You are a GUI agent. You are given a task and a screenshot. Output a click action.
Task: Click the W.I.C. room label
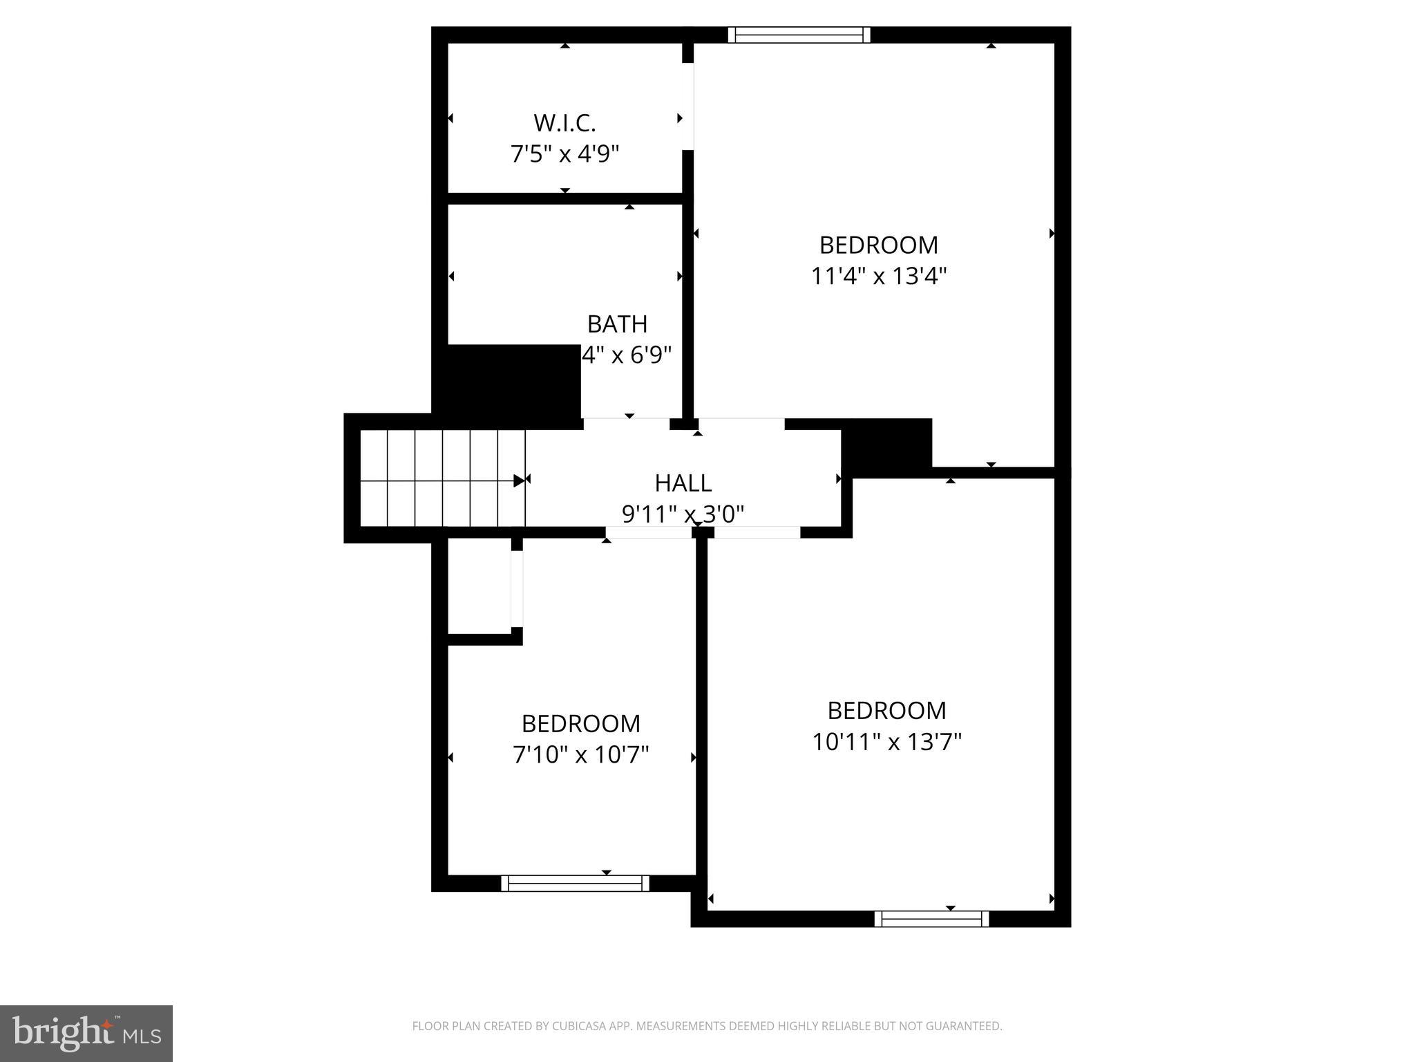pos(564,123)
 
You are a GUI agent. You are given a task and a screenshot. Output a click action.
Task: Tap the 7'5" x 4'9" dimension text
pos(564,153)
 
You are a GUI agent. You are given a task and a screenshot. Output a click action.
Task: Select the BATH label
pos(617,324)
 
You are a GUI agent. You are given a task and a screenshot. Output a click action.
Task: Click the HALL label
pos(683,483)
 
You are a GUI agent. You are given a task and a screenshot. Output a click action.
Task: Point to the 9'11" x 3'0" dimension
pos(683,514)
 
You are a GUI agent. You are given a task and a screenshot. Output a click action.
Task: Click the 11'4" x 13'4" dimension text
pos(878,277)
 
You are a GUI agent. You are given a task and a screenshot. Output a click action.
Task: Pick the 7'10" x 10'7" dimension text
pos(580,754)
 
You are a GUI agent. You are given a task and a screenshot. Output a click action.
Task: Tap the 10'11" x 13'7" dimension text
pos(886,742)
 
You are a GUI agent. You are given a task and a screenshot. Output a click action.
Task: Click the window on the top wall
pos(799,35)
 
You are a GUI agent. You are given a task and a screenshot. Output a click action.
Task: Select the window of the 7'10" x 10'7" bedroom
pos(575,883)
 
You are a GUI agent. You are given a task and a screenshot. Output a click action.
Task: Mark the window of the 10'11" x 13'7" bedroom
pos(931,919)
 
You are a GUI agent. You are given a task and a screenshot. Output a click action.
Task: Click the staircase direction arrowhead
pos(519,481)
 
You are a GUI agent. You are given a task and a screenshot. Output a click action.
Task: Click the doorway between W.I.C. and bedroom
pos(688,107)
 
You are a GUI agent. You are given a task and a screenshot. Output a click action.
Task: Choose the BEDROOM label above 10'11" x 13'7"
pos(886,710)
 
